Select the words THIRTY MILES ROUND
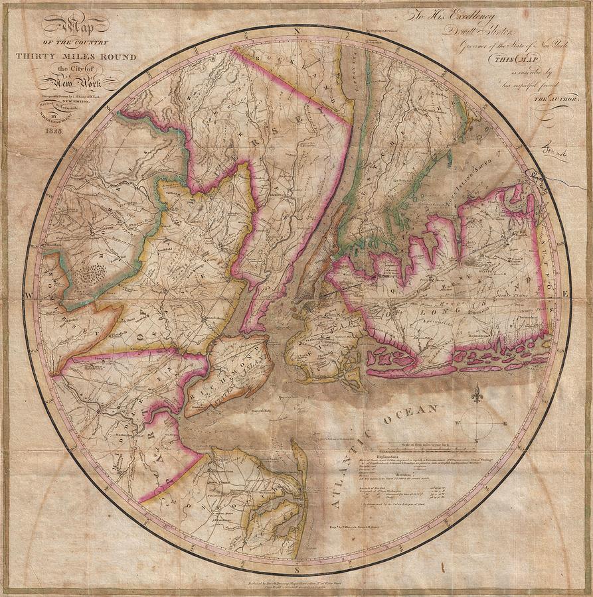76,57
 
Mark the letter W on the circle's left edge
29,293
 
